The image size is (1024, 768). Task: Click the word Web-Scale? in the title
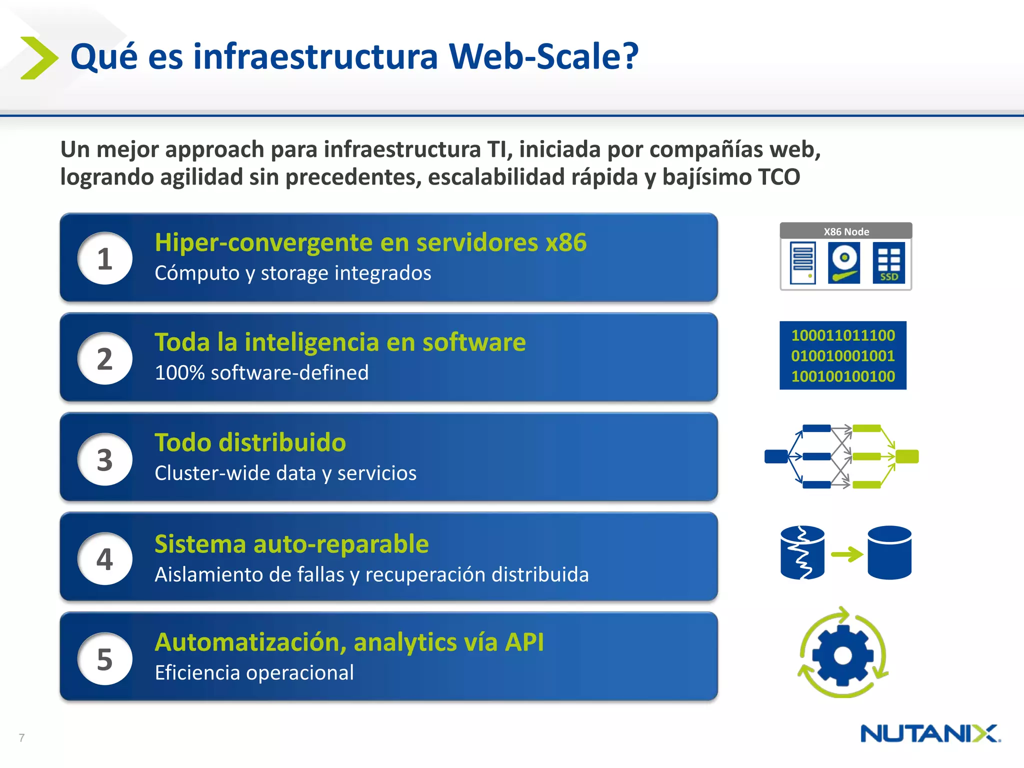[x=543, y=56]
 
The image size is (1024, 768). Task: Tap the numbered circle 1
[x=104, y=258]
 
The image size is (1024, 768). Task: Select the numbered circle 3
[x=104, y=459]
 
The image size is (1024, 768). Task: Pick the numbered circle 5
[x=104, y=658]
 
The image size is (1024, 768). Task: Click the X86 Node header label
[x=846, y=231]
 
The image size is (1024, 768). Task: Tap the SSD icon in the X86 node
[x=888, y=263]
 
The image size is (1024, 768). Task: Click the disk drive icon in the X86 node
[x=844, y=263]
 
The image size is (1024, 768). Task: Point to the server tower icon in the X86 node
[x=802, y=263]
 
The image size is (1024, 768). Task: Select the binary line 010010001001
[x=843, y=355]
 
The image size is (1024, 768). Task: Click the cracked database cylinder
[x=802, y=552]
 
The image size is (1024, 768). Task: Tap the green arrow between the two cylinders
[x=846, y=554]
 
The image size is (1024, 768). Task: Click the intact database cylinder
[x=889, y=552]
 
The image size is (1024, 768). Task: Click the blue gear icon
[x=843, y=654]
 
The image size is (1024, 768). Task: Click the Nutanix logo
[x=930, y=734]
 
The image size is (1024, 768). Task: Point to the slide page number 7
[x=21, y=737]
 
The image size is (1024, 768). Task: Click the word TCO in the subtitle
[x=778, y=177]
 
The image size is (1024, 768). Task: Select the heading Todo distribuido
[x=250, y=442]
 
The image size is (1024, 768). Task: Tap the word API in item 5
[x=524, y=642]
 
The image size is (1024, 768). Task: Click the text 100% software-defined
[x=261, y=372]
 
